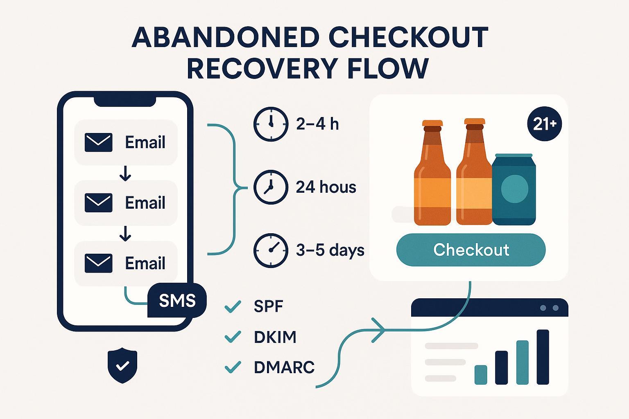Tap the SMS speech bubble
tap(177, 301)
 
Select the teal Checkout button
tap(471, 250)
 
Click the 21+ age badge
tap(545, 124)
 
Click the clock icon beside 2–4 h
tap(271, 124)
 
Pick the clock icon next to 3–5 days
tap(271, 250)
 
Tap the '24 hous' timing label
tap(326, 187)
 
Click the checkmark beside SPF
tap(233, 306)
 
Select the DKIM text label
tap(275, 337)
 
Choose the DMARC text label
tap(284, 367)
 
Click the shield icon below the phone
tap(122, 366)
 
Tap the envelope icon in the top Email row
tap(98, 142)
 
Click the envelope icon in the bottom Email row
tap(98, 263)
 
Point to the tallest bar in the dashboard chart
tap(543, 357)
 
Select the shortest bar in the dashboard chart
tap(481, 375)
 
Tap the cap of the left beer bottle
tap(432, 123)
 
